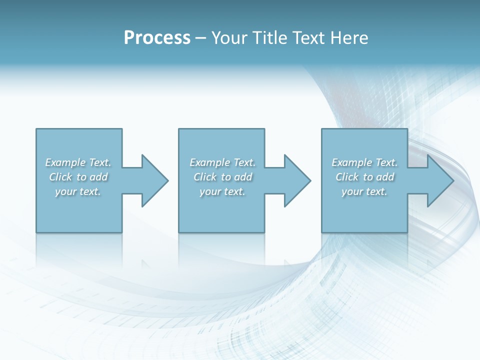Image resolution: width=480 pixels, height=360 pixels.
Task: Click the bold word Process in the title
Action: click(x=157, y=38)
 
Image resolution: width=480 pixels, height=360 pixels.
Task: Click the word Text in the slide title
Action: click(x=309, y=38)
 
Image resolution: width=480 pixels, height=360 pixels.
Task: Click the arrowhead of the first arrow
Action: click(x=155, y=180)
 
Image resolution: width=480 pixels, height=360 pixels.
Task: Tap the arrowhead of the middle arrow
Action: click(x=297, y=180)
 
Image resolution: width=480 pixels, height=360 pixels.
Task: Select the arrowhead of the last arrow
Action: click(x=440, y=180)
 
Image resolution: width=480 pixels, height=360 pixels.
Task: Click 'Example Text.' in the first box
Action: click(x=78, y=162)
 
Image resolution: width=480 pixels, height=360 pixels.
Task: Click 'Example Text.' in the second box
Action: click(x=222, y=162)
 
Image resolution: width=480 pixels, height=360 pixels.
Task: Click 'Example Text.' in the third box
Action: click(x=364, y=162)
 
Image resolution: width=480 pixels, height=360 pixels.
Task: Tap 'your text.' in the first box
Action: click(x=78, y=191)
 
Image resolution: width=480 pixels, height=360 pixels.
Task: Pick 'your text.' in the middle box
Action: click(x=222, y=191)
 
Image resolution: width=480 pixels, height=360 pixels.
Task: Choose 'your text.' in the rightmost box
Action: click(x=364, y=191)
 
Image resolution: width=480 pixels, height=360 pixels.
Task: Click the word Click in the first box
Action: click(x=60, y=177)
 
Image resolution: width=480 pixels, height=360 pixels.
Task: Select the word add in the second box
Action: click(x=243, y=177)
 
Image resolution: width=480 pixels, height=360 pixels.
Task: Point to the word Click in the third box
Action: click(x=347, y=177)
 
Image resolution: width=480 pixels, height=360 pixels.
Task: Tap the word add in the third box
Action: click(x=385, y=177)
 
